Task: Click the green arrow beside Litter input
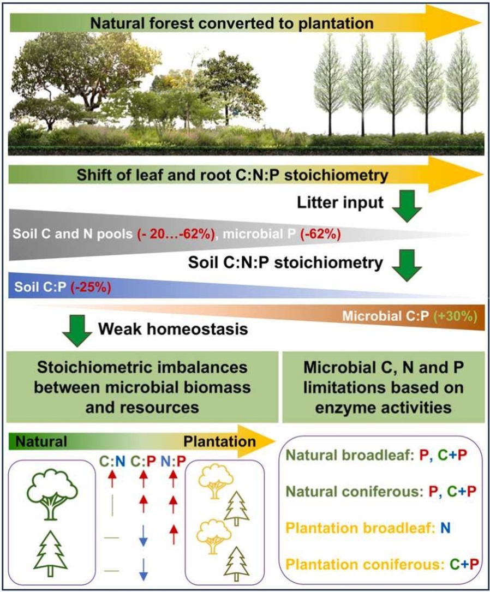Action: pyautogui.click(x=407, y=205)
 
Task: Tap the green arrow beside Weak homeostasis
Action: pyautogui.click(x=77, y=331)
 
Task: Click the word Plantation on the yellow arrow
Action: pyautogui.click(x=220, y=441)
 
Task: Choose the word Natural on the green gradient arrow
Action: pyautogui.click(x=41, y=441)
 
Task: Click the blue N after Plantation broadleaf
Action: pyautogui.click(x=445, y=528)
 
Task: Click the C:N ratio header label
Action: pyautogui.click(x=112, y=461)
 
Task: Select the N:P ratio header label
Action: pyautogui.click(x=174, y=461)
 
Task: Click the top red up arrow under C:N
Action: pyautogui.click(x=112, y=480)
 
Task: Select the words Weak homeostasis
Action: pyautogui.click(x=174, y=329)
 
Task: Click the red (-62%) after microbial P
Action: pyautogui.click(x=320, y=234)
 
